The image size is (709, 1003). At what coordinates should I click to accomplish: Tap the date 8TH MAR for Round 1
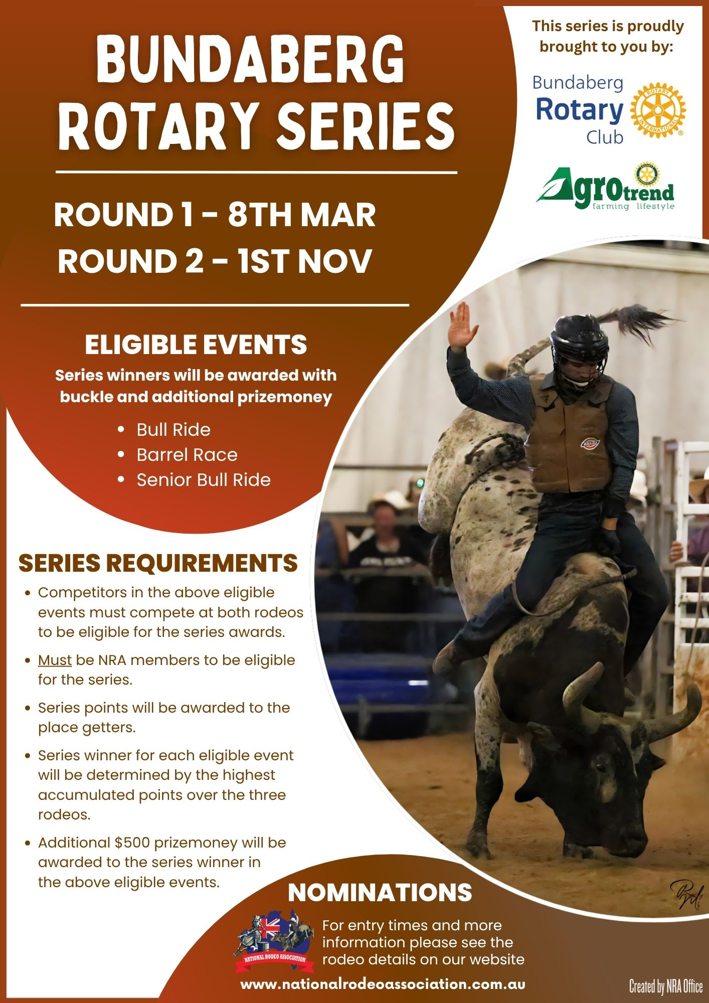pyautogui.click(x=302, y=215)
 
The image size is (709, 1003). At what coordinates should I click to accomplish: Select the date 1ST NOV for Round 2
pyautogui.click(x=305, y=261)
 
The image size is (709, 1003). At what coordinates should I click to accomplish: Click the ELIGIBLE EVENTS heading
pyautogui.click(x=196, y=345)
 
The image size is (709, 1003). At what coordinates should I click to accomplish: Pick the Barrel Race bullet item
pyautogui.click(x=187, y=455)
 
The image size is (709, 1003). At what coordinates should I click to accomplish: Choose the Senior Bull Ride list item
pyautogui.click(x=204, y=480)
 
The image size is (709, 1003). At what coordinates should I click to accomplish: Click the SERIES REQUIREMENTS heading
pyautogui.click(x=158, y=563)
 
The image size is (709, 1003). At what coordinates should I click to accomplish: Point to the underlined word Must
pyautogui.click(x=55, y=660)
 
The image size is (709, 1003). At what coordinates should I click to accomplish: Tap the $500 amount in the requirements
pyautogui.click(x=132, y=843)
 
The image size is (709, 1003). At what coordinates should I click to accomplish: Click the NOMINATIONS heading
pyautogui.click(x=380, y=893)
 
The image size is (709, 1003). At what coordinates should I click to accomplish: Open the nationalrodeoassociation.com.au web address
pyautogui.click(x=383, y=984)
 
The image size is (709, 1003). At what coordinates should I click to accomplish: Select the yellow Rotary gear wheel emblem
pyautogui.click(x=658, y=110)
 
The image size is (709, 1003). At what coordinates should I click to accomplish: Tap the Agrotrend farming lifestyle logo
pyautogui.click(x=606, y=188)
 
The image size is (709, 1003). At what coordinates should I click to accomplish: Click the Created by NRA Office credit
pyautogui.click(x=666, y=987)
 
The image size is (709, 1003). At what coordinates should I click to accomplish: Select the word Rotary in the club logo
pyautogui.click(x=580, y=110)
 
